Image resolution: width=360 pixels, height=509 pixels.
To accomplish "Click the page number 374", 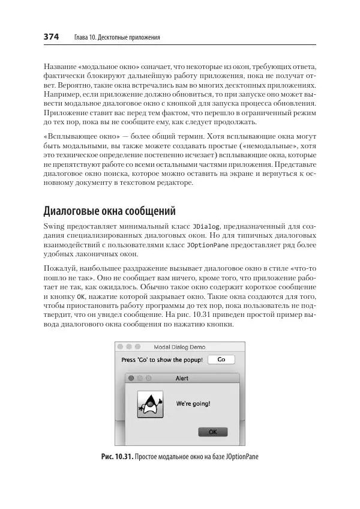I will coord(51,37).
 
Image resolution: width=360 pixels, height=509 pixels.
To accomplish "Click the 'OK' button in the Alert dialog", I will coord(212,432).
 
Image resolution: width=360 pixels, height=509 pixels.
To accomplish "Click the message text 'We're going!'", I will coord(193,404).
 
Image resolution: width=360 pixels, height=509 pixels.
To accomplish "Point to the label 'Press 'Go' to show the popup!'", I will coord(162,360).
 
